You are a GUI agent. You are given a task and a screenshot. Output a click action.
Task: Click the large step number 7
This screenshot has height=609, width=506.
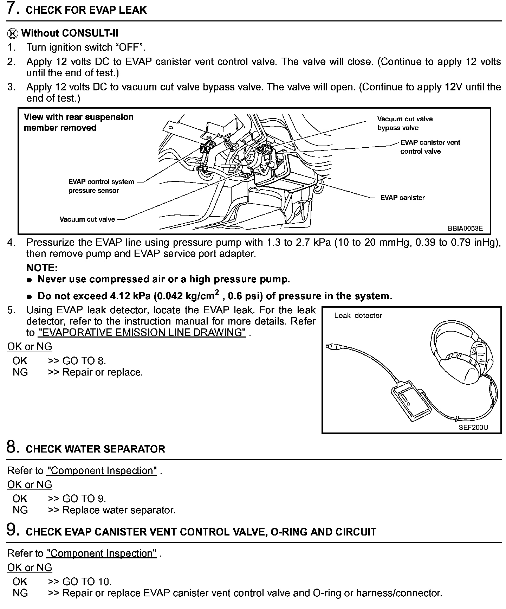(13, 8)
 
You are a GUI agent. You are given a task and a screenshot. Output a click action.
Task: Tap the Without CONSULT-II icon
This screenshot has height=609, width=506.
(13, 33)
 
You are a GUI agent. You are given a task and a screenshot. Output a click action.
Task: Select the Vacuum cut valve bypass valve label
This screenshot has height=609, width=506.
(405, 123)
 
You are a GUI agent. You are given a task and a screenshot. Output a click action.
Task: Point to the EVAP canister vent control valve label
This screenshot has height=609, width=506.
(430, 147)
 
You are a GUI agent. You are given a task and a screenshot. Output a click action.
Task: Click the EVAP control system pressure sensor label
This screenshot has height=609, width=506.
(101, 186)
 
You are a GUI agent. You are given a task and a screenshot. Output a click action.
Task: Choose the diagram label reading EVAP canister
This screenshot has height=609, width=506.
(402, 198)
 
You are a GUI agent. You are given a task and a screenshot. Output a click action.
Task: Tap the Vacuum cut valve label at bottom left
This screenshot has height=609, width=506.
(87, 219)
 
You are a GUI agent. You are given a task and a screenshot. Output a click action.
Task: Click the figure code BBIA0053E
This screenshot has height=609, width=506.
(465, 229)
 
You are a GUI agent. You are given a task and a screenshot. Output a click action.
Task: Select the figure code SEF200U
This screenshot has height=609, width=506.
(473, 428)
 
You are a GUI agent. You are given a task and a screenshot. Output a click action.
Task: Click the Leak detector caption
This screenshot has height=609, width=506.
(358, 315)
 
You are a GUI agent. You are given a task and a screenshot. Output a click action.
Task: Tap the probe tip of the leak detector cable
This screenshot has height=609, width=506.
(329, 347)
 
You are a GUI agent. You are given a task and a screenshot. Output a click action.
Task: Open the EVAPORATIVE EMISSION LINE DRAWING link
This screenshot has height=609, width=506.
(142, 332)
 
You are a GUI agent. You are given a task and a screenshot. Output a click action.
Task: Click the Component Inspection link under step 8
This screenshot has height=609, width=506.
(102, 470)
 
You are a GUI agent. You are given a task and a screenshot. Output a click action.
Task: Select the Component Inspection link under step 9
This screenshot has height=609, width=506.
(102, 553)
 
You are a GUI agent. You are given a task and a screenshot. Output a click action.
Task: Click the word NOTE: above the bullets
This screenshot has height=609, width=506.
(42, 268)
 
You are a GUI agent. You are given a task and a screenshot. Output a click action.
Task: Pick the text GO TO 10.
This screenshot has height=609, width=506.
(87, 581)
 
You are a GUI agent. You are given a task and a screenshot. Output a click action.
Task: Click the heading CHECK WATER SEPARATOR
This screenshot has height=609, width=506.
(95, 449)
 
